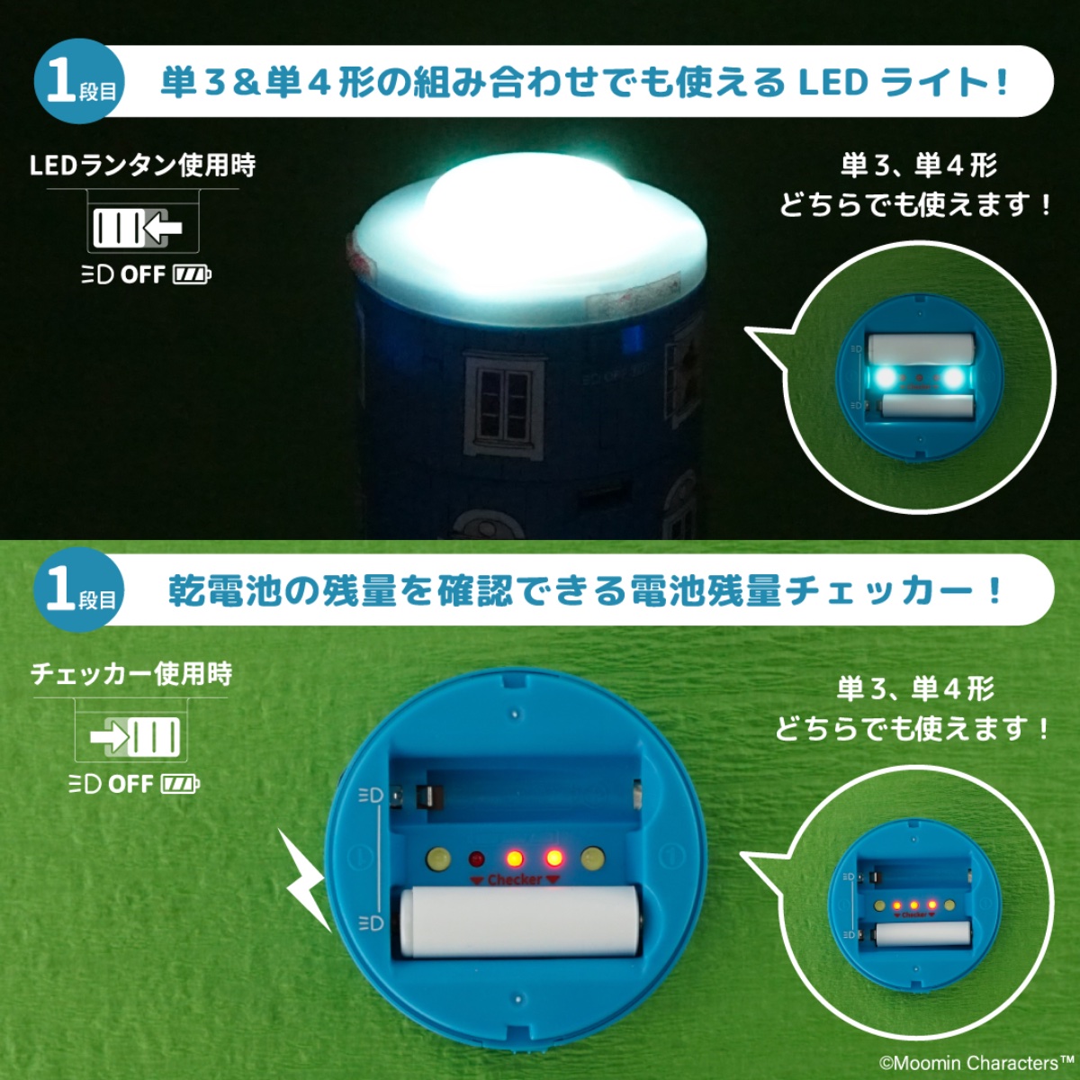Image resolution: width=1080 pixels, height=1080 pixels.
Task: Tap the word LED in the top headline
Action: click(832, 83)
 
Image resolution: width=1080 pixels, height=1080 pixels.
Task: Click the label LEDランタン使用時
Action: click(142, 166)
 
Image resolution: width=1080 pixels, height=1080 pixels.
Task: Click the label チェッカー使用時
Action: click(131, 674)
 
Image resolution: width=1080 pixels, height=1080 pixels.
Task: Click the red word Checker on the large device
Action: click(514, 879)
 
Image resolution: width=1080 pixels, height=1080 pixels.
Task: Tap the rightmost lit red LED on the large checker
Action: click(553, 858)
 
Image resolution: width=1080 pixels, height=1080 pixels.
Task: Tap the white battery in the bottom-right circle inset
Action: click(922, 935)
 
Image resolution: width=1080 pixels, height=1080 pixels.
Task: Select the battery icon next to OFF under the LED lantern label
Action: click(192, 274)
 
